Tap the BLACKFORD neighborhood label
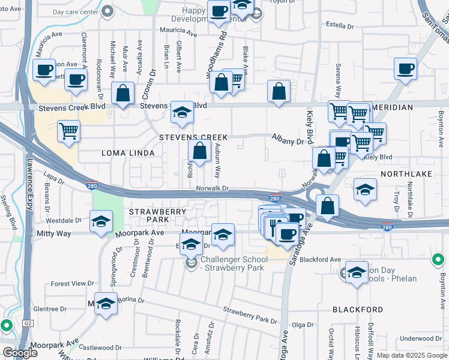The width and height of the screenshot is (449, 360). pyautogui.click(x=358, y=310)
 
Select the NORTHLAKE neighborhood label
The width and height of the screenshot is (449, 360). pyautogui.click(x=405, y=173)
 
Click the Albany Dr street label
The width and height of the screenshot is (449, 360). pyautogui.click(x=288, y=142)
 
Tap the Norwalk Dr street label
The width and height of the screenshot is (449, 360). pyautogui.click(x=212, y=188)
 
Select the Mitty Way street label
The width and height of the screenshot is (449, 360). pyautogui.click(x=54, y=233)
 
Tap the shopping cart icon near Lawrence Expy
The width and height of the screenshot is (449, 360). pyautogui.click(x=69, y=130)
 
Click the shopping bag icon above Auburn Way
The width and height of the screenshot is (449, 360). pyautogui.click(x=200, y=150)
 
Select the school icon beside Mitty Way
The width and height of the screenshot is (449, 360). pyautogui.click(x=101, y=221)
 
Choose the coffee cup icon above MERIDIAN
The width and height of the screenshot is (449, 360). pyautogui.click(x=406, y=67)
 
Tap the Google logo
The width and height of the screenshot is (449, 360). pyautogui.click(x=20, y=353)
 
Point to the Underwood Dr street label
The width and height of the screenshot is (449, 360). pyautogui.click(x=421, y=338)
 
